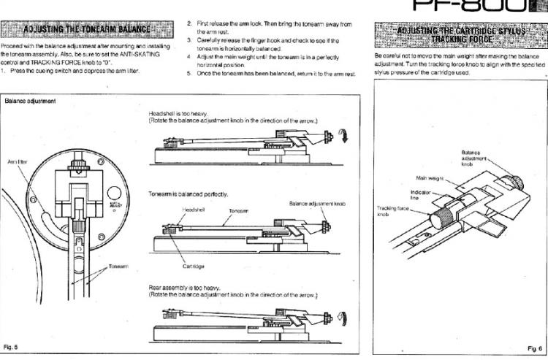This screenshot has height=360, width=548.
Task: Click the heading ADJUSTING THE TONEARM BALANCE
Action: pyautogui.click(x=87, y=30)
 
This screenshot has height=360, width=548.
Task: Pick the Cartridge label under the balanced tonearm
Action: pyautogui.click(x=193, y=267)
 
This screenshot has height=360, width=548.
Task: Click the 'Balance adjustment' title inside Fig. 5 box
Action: pyautogui.click(x=30, y=100)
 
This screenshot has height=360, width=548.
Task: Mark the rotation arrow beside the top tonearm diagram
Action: pyautogui.click(x=346, y=137)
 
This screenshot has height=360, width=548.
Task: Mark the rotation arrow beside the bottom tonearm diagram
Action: pyautogui.click(x=346, y=318)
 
